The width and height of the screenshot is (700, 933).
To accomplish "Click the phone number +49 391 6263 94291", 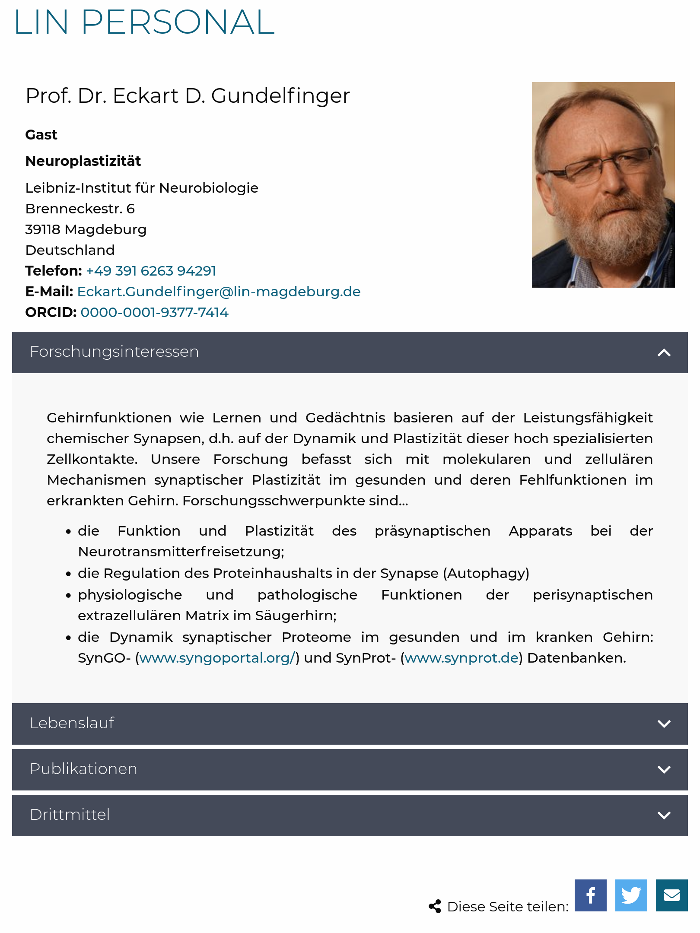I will tap(151, 271).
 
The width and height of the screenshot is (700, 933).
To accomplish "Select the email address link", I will tap(219, 292).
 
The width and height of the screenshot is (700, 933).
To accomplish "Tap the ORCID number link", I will tap(154, 312).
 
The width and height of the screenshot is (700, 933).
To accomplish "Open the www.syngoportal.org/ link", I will tap(217, 658).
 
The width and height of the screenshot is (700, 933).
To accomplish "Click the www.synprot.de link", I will tap(461, 658).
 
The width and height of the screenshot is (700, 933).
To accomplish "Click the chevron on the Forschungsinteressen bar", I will tap(664, 353).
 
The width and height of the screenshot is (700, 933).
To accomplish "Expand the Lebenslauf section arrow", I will tap(664, 724).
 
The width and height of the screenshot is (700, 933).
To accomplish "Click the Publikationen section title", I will tap(83, 769).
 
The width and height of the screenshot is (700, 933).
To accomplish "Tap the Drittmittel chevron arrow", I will tap(664, 815).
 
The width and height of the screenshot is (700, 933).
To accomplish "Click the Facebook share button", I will tap(590, 895).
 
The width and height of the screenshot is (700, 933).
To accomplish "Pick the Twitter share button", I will tap(631, 895).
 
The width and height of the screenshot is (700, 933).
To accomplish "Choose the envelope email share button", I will tap(671, 895).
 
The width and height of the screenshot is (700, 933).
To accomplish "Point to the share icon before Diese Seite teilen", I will tap(435, 906).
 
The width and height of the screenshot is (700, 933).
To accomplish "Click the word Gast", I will tap(41, 135).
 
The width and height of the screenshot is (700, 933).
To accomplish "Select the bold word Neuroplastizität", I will tap(83, 161).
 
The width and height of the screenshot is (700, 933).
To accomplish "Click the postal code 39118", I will tap(42, 229).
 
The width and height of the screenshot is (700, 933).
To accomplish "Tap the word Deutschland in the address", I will tap(70, 250).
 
